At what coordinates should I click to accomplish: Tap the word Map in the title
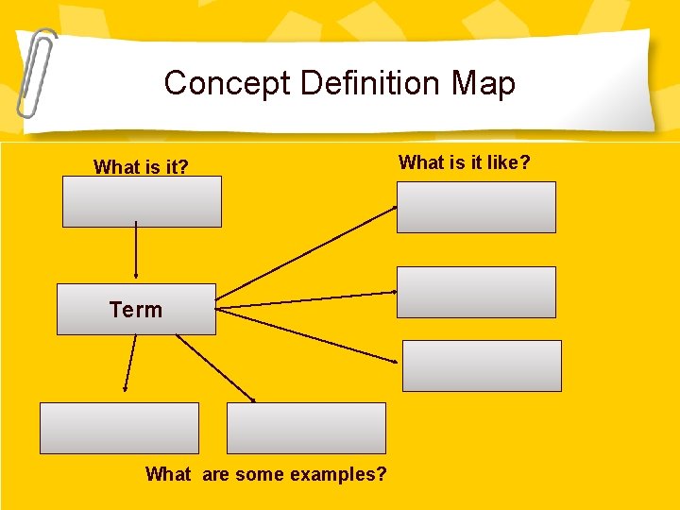[x=483, y=83]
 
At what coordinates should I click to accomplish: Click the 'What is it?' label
[x=141, y=168]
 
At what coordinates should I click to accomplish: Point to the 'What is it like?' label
[x=465, y=162]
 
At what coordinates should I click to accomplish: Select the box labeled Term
[x=136, y=309]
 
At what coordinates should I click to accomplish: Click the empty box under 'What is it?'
[x=142, y=202]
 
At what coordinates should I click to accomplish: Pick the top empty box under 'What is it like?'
[x=476, y=207]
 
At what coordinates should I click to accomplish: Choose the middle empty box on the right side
[x=476, y=292]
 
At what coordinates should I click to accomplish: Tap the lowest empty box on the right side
[x=482, y=365]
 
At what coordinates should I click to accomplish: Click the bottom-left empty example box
[x=119, y=428]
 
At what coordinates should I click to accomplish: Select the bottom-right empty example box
[x=306, y=428]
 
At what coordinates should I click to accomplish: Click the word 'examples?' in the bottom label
[x=339, y=474]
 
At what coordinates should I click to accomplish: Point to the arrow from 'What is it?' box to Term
[x=137, y=253]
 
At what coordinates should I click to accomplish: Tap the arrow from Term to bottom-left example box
[x=130, y=363]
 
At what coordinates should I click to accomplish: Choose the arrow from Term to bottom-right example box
[x=215, y=368]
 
